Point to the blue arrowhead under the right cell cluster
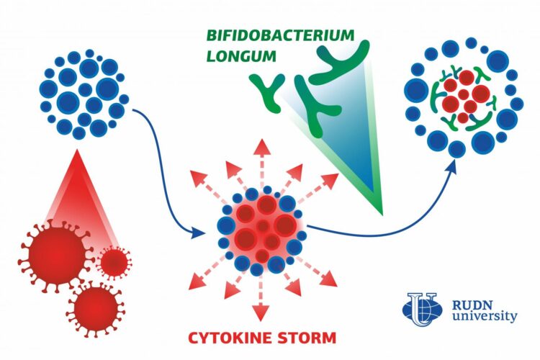coord(454,165)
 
